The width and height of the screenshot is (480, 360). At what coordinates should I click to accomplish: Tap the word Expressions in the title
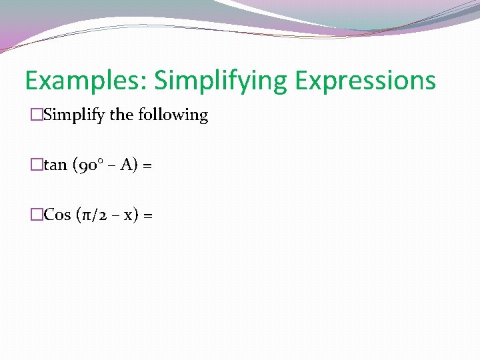click(x=365, y=81)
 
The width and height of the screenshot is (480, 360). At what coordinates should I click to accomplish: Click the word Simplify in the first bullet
click(x=75, y=115)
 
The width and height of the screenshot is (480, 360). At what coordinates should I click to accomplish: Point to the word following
click(x=173, y=115)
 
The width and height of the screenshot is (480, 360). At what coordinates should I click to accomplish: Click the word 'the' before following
click(x=122, y=115)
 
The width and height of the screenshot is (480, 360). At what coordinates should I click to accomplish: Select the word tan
click(x=55, y=165)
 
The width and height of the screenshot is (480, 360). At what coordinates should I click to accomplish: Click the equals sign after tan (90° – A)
click(x=147, y=165)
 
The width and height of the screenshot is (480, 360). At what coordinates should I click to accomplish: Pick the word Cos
click(x=57, y=215)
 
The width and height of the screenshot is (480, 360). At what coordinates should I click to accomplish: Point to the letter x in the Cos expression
click(x=125, y=215)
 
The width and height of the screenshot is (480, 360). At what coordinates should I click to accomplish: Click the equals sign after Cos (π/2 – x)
click(x=148, y=215)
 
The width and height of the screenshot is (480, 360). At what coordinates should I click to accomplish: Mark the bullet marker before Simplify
click(x=37, y=115)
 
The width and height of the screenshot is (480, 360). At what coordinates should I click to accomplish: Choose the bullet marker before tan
click(x=37, y=165)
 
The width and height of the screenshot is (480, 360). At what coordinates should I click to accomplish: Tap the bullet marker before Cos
click(x=37, y=215)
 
